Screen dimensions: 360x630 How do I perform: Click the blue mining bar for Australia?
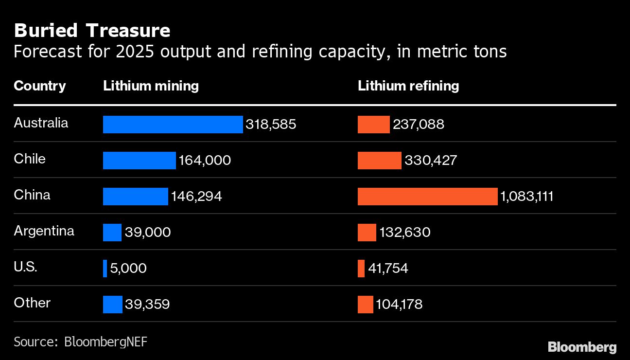173,125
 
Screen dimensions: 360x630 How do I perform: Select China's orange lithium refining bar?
427,197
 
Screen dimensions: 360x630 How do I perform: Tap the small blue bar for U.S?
105,269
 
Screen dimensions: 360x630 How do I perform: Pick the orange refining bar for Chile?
379,161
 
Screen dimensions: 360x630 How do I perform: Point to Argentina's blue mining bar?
112,233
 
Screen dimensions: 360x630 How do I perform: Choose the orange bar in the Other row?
365,305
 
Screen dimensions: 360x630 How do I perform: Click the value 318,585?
271,125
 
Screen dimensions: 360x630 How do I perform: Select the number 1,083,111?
527,197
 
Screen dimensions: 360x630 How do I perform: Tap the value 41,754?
388,269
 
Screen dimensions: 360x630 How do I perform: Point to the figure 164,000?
205,161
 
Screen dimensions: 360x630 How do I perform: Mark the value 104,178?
399,305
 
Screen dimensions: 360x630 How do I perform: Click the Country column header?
40,86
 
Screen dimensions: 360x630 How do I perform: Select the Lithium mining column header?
151,86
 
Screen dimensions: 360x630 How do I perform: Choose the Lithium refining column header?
408,86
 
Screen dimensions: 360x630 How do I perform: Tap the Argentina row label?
44,231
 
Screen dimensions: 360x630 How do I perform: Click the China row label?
32,195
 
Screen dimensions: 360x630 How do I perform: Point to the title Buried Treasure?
92,31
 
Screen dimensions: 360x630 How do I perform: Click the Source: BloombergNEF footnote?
80,342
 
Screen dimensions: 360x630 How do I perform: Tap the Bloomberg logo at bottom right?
582,347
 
